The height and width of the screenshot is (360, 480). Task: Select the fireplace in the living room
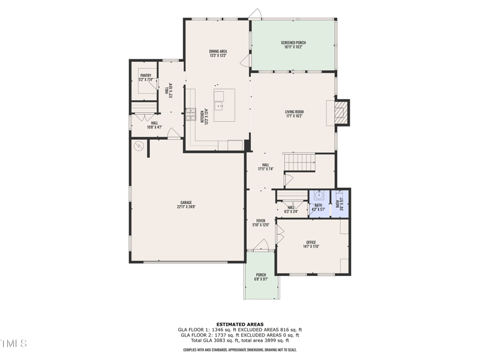pos(341,112)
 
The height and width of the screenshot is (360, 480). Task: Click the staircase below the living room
pos(299,161)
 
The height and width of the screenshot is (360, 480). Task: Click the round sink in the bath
pos(319,196)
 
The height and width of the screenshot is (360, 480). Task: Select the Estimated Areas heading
pos(240,325)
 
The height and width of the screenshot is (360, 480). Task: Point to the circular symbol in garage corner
pos(139,145)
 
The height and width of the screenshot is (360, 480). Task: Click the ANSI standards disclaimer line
pos(240,350)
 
